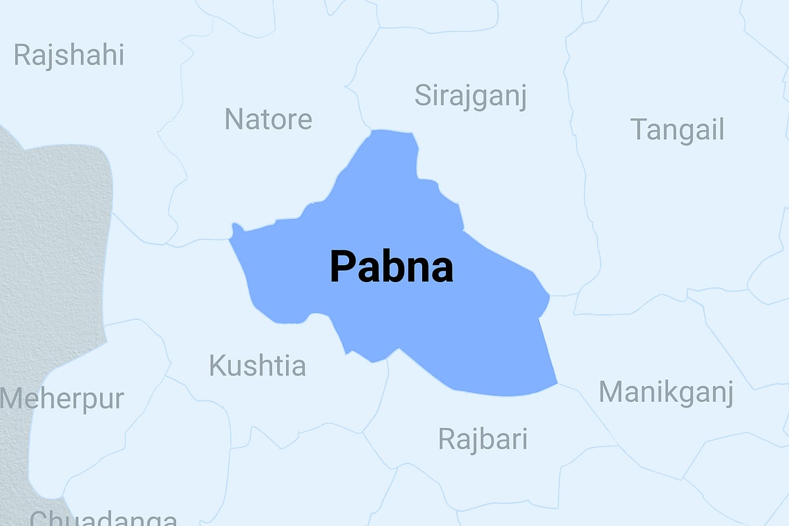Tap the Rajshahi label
tap(68, 55)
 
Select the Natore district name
tap(268, 120)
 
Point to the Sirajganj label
tap(471, 97)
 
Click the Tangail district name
tap(677, 129)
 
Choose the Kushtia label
tap(257, 366)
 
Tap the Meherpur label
tap(62, 399)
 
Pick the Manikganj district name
tap(665, 393)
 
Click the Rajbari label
tap(483, 439)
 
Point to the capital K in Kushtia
tap(216, 366)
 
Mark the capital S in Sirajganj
tap(423, 95)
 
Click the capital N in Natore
tap(233, 120)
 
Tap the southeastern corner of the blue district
tap(556, 382)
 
